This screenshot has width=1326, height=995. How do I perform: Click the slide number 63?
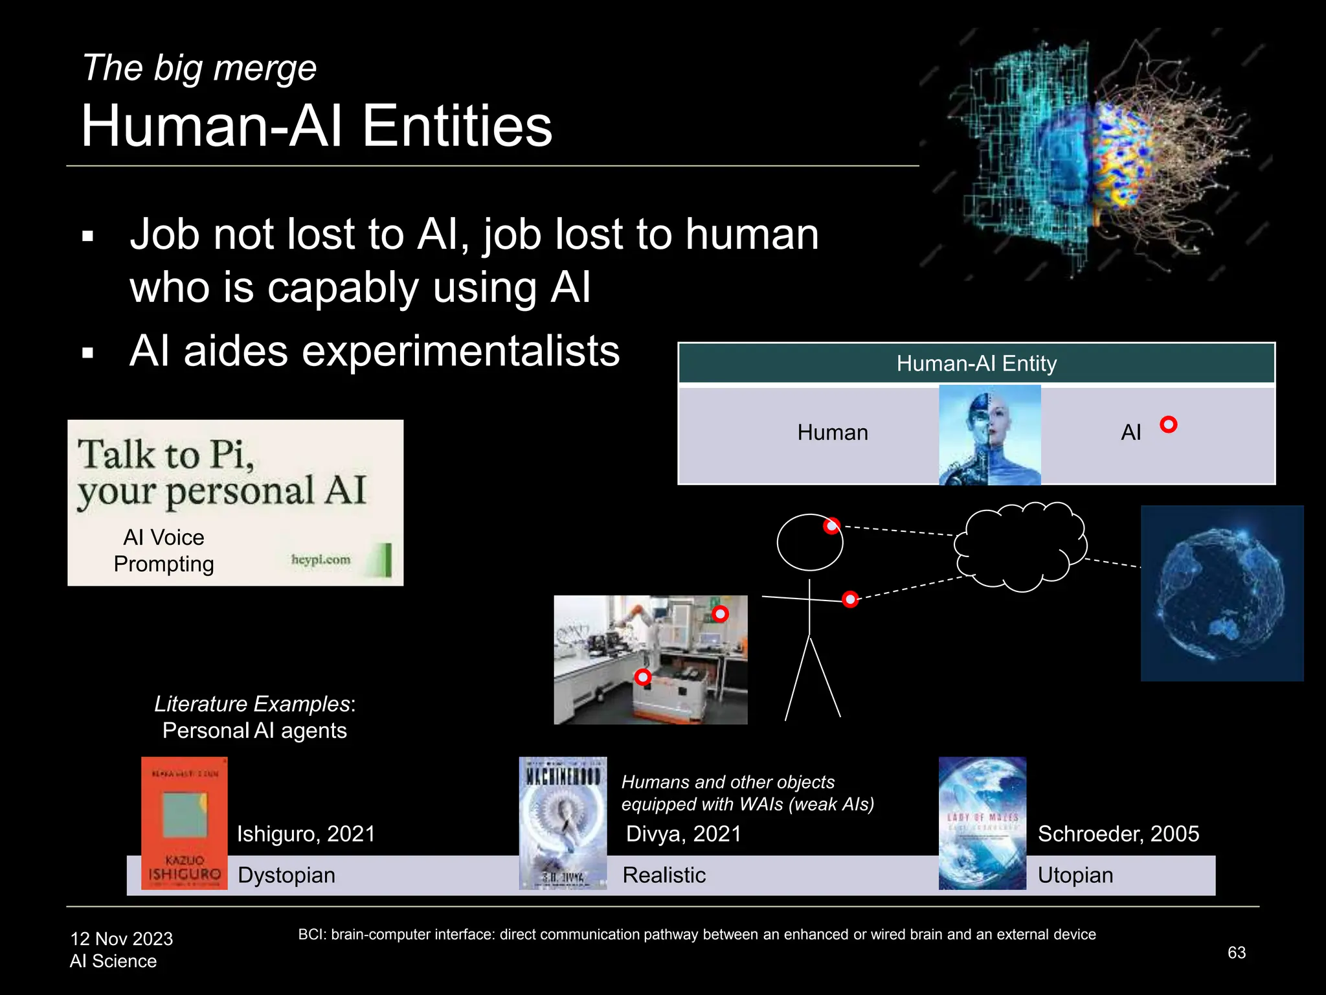point(1236,952)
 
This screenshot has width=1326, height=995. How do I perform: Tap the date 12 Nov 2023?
point(122,939)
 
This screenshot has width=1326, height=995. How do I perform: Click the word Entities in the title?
point(456,126)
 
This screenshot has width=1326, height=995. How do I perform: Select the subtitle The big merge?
point(199,68)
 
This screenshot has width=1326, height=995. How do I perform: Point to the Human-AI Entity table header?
point(976,363)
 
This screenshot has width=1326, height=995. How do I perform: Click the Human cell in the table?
point(832,433)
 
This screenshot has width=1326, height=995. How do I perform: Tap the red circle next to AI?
point(1168,424)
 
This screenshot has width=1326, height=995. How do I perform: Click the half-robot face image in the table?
point(989,435)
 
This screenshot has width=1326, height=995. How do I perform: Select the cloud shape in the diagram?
point(1020,547)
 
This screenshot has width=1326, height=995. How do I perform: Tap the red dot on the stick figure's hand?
point(850,599)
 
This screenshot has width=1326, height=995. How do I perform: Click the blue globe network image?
point(1221,593)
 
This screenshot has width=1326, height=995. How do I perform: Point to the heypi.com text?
point(320,559)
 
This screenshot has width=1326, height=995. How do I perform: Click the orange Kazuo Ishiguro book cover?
point(185,823)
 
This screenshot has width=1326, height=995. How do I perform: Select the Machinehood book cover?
point(563,823)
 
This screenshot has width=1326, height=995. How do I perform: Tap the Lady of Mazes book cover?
point(982,823)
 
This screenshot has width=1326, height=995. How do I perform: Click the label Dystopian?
point(286,875)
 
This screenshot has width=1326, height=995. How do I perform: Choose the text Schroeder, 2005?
point(1118,834)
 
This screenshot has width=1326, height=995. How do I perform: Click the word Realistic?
point(664,875)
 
